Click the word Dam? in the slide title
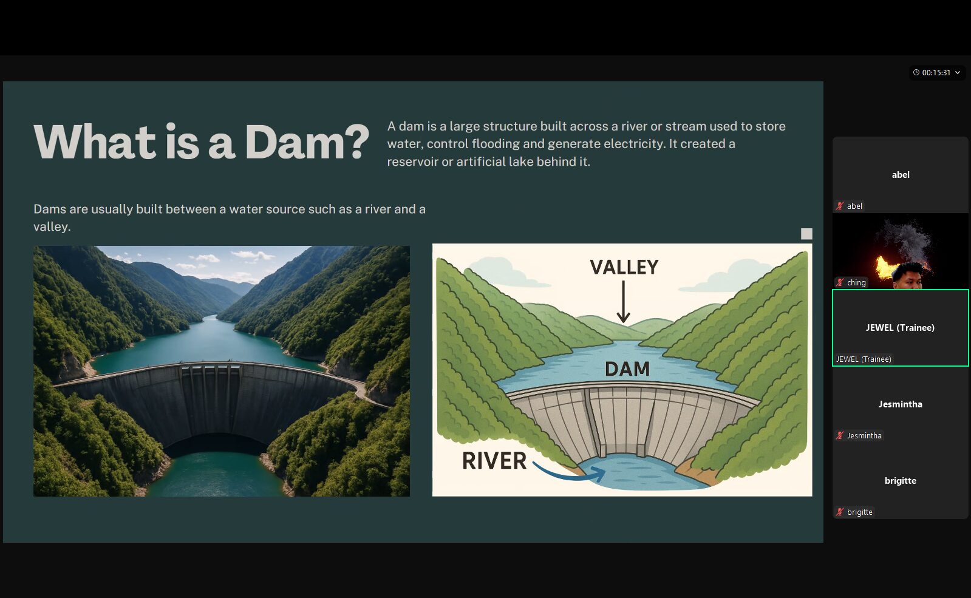[x=307, y=141]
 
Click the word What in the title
[x=95, y=141]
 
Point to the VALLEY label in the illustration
[x=624, y=267]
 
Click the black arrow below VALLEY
[x=624, y=302]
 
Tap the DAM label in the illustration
[x=627, y=369]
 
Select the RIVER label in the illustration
[x=494, y=460]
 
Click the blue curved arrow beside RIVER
[x=569, y=473]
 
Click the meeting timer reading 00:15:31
[x=936, y=73]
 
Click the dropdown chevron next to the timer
[x=958, y=73]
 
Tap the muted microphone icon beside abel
[x=840, y=206]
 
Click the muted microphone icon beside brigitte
[x=840, y=512]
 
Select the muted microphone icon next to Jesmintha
[x=840, y=435]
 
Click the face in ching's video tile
[x=908, y=276]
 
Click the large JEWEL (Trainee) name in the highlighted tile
[x=900, y=328]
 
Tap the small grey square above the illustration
[x=806, y=234]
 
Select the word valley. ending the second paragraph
[x=52, y=226]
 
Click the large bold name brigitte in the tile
[x=901, y=481]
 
